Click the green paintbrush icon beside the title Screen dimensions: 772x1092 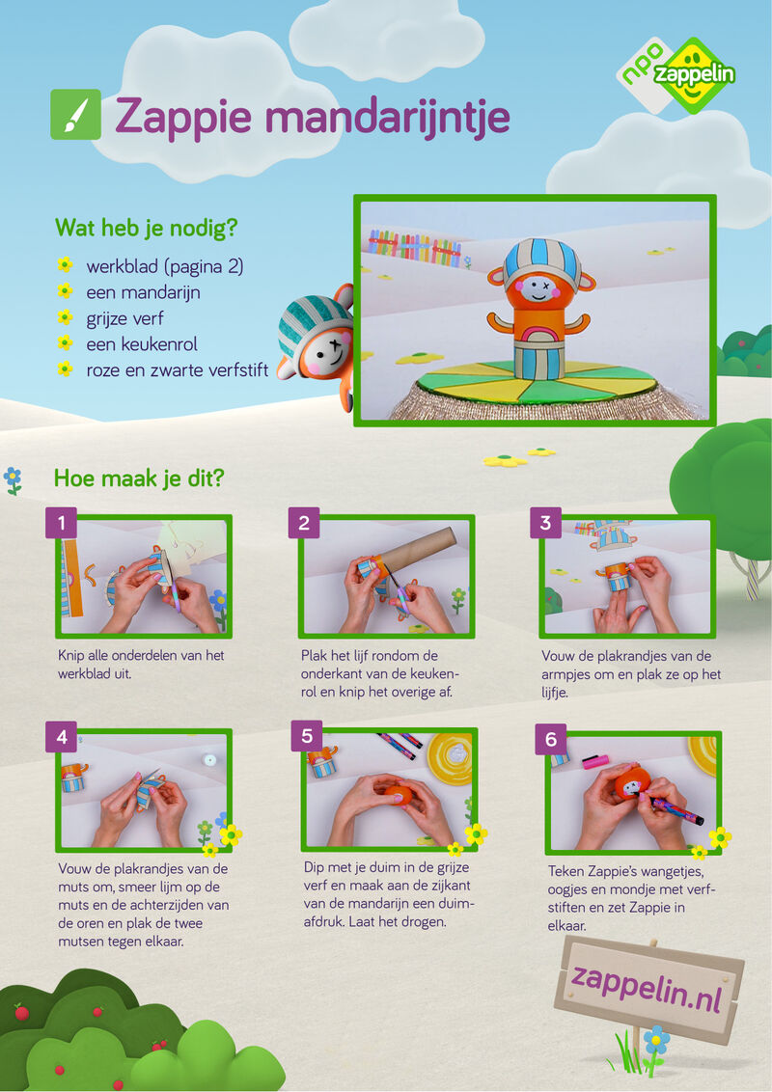pos(75,115)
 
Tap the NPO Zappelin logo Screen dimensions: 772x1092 pos(676,75)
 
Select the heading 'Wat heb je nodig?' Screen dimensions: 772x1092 pos(147,228)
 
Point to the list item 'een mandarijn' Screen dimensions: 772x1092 pos(143,292)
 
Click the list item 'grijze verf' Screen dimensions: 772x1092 pos(124,318)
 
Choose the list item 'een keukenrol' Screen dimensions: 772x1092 pos(142,344)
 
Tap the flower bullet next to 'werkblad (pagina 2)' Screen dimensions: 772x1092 pos(65,264)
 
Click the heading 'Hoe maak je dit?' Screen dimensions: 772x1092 pos(139,478)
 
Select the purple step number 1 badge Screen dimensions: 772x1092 pos(62,522)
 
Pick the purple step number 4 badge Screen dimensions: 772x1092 pos(62,736)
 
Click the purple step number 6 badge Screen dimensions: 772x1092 pos(550,739)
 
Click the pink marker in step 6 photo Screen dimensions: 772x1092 pos(595,761)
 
